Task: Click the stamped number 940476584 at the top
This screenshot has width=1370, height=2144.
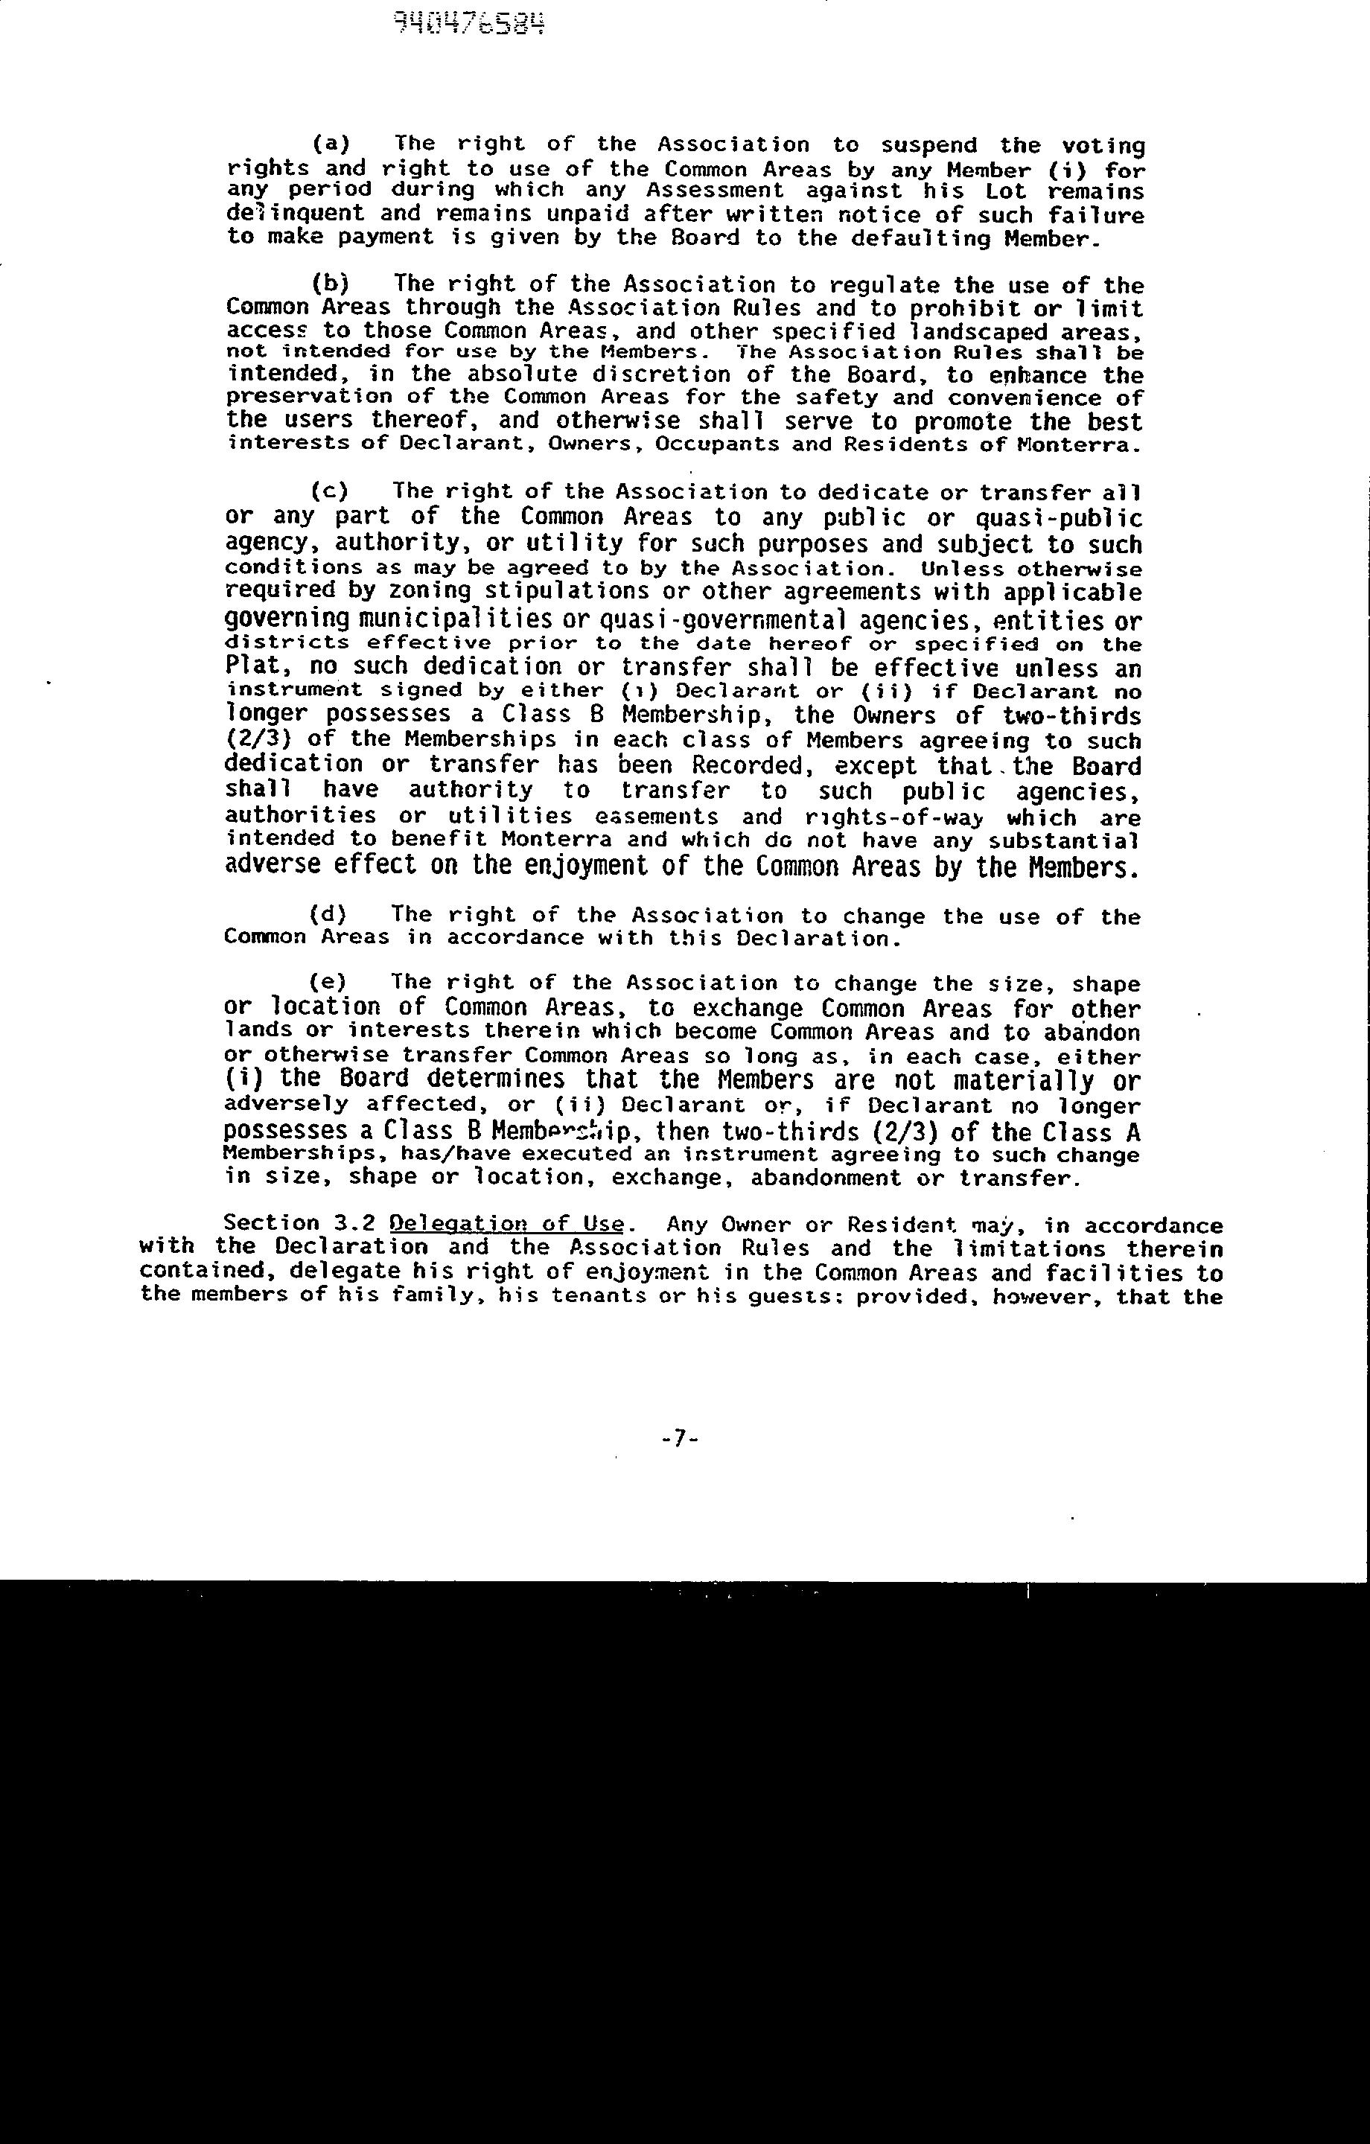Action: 469,25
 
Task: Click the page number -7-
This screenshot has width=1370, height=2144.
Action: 679,1438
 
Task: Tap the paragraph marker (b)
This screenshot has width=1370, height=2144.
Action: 331,284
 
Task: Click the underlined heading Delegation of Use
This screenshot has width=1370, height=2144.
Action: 507,1225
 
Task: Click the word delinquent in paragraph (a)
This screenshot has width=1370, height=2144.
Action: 295,214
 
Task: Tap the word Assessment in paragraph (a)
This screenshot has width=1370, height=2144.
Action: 716,191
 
